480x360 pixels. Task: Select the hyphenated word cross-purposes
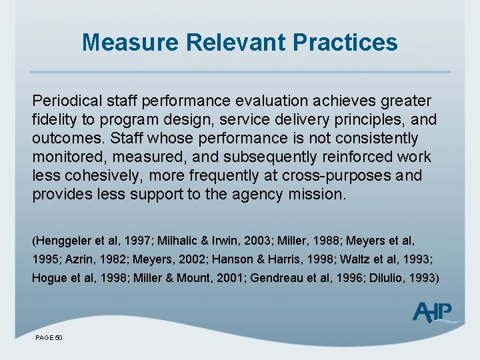pyautogui.click(x=339, y=176)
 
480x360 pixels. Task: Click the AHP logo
pyautogui.click(x=434, y=312)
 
